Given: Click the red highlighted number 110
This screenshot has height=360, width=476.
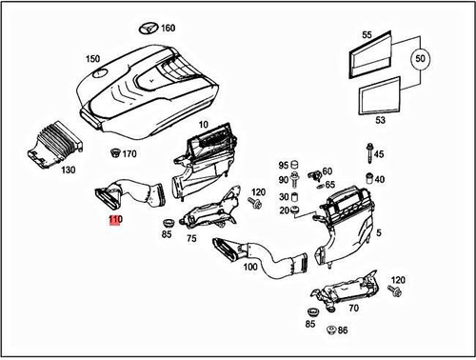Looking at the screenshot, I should pyautogui.click(x=115, y=220).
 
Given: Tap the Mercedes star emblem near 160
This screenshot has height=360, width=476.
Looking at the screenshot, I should pyautogui.click(x=147, y=29).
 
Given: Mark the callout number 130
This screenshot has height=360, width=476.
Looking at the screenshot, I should pyautogui.click(x=69, y=170).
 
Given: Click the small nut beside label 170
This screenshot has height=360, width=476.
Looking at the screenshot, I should pyautogui.click(x=114, y=152).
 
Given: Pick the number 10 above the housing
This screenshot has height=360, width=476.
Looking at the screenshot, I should pyautogui.click(x=203, y=126).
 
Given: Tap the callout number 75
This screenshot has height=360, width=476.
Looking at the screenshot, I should pyautogui.click(x=190, y=238).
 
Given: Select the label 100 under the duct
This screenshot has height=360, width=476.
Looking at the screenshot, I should pyautogui.click(x=250, y=268).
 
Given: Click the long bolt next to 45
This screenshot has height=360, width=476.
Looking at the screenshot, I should pyautogui.click(x=367, y=152).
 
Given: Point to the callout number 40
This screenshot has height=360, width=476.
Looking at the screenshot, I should pyautogui.click(x=380, y=178).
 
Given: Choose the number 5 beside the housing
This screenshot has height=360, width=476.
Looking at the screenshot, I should pyautogui.click(x=379, y=232).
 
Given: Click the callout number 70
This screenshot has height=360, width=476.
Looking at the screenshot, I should pyautogui.click(x=353, y=308).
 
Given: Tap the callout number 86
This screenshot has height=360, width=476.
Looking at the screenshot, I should pyautogui.click(x=343, y=330).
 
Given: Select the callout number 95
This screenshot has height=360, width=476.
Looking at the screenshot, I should pyautogui.click(x=284, y=166).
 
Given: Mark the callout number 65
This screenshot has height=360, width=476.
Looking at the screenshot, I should pyautogui.click(x=329, y=184).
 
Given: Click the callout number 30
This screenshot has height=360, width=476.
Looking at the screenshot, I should pyautogui.click(x=284, y=195).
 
